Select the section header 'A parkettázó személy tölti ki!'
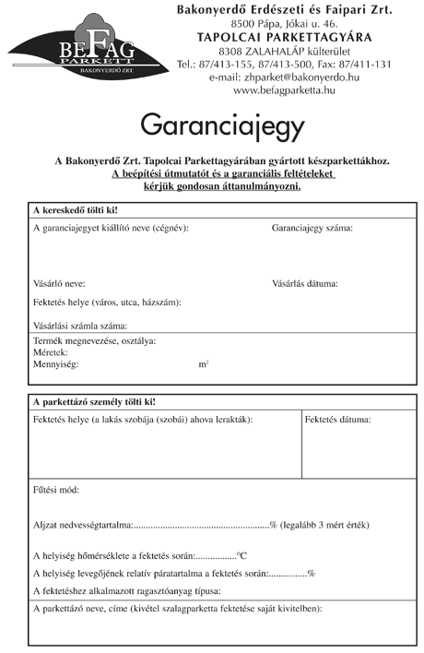pyautogui.click(x=94, y=401)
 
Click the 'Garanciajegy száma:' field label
pyautogui.click(x=312, y=228)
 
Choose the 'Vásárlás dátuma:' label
pyautogui.click(x=305, y=283)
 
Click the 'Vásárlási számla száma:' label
pyautogui.click(x=79, y=326)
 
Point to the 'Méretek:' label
pyautogui.click(x=50, y=352)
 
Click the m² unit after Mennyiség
pyautogui.click(x=204, y=364)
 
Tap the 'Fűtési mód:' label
pyautogui.click(x=55, y=490)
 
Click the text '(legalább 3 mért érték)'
pyautogui.click(x=324, y=525)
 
